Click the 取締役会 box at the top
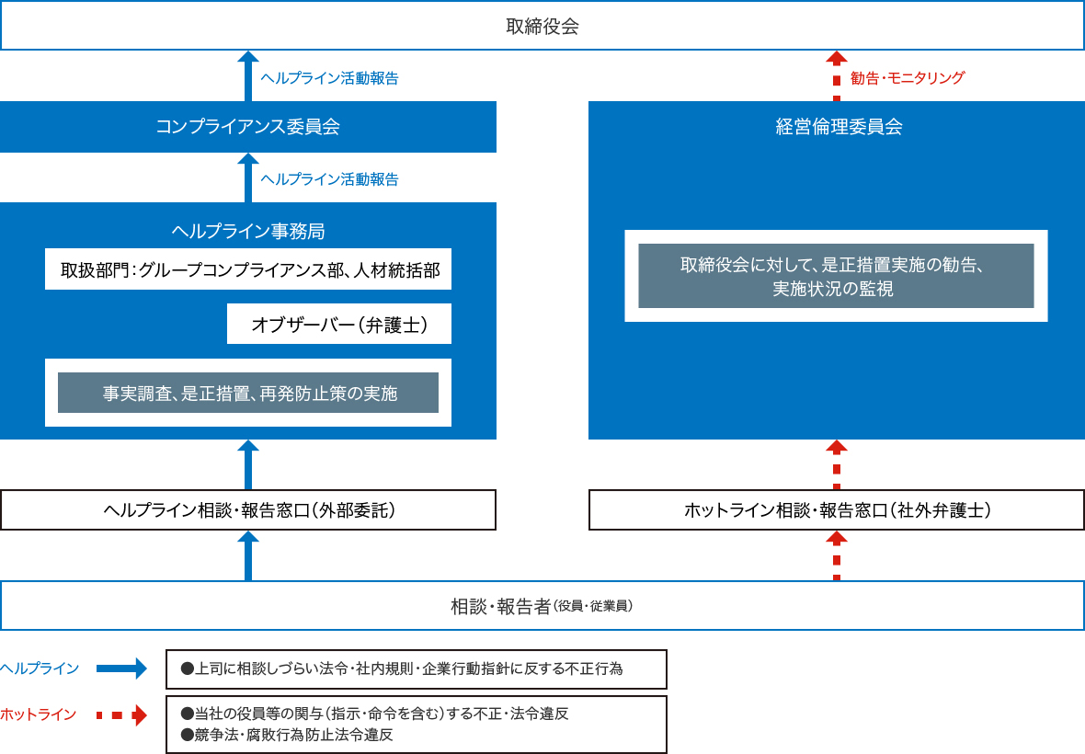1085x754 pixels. point(542,26)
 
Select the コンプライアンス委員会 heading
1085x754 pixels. point(248,127)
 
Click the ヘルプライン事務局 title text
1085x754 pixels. point(248,230)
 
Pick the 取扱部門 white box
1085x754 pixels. point(248,269)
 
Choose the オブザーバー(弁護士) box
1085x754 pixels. point(339,325)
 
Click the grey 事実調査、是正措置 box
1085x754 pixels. point(248,393)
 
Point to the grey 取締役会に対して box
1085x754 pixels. point(836,276)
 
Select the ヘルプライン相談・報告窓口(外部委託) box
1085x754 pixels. point(248,510)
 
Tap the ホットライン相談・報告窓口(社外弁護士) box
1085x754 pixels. point(837,510)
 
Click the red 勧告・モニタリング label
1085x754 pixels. point(908,78)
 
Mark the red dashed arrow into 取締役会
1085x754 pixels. point(837,75)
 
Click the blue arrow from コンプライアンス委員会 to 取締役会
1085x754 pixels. point(248,75)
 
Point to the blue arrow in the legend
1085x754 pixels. point(121,668)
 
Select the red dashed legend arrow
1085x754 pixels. point(121,714)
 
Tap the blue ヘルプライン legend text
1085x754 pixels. point(40,668)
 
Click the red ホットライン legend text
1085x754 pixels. point(39,714)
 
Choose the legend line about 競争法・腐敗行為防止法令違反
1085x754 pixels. point(287,735)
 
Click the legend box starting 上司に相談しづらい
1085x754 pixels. point(416,669)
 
